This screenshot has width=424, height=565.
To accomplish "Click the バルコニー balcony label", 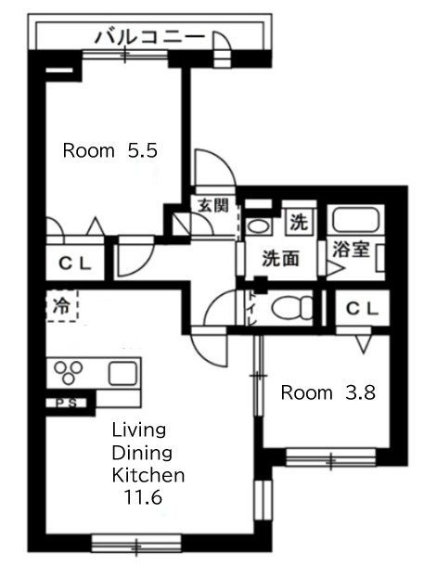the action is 149,37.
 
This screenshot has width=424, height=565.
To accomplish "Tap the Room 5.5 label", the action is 110,150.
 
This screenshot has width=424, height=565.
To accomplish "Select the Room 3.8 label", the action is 328,392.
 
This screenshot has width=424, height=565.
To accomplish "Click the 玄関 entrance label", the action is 213,206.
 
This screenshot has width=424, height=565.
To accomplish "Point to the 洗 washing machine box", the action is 300,222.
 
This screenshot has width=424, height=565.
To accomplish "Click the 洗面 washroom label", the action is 280,258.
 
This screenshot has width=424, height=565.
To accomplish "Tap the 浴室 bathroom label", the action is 351,250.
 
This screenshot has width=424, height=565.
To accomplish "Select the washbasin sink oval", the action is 259,226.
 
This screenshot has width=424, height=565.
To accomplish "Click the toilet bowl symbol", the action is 292,308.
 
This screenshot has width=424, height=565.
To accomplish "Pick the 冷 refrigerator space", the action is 62,306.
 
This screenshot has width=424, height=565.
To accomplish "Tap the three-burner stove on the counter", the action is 69,373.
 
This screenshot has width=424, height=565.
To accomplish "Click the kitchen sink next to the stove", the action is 122,373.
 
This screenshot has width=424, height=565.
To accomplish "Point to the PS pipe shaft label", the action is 67,404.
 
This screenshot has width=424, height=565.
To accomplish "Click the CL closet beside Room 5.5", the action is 75,263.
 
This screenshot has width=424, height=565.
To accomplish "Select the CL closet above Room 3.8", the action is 362,308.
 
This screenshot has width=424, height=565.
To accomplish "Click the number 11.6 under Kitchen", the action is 143,497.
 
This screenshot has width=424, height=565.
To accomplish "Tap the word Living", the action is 139,430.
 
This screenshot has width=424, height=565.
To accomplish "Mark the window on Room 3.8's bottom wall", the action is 330,456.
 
